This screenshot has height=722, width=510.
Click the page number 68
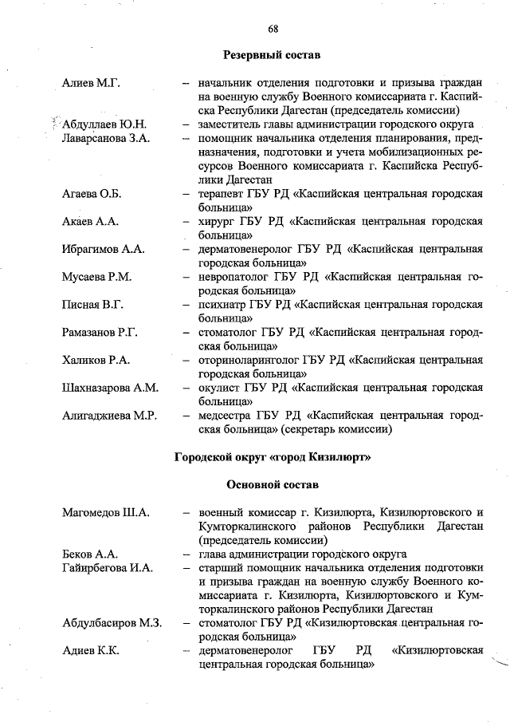(273, 28)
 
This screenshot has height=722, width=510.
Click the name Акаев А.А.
(90, 222)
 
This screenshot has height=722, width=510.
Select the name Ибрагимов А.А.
(103, 250)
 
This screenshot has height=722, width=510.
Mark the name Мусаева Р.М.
(96, 277)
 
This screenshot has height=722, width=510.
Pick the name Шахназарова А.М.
(110, 388)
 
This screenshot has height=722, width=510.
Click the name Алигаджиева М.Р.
(111, 416)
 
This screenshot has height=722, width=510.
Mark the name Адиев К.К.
(91, 650)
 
